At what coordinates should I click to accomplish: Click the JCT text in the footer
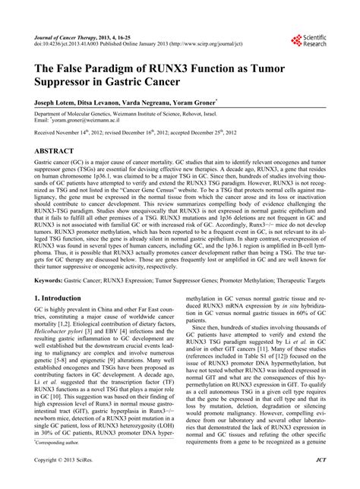click(x=322, y=481)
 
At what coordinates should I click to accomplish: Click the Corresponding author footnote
click(x=57, y=462)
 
